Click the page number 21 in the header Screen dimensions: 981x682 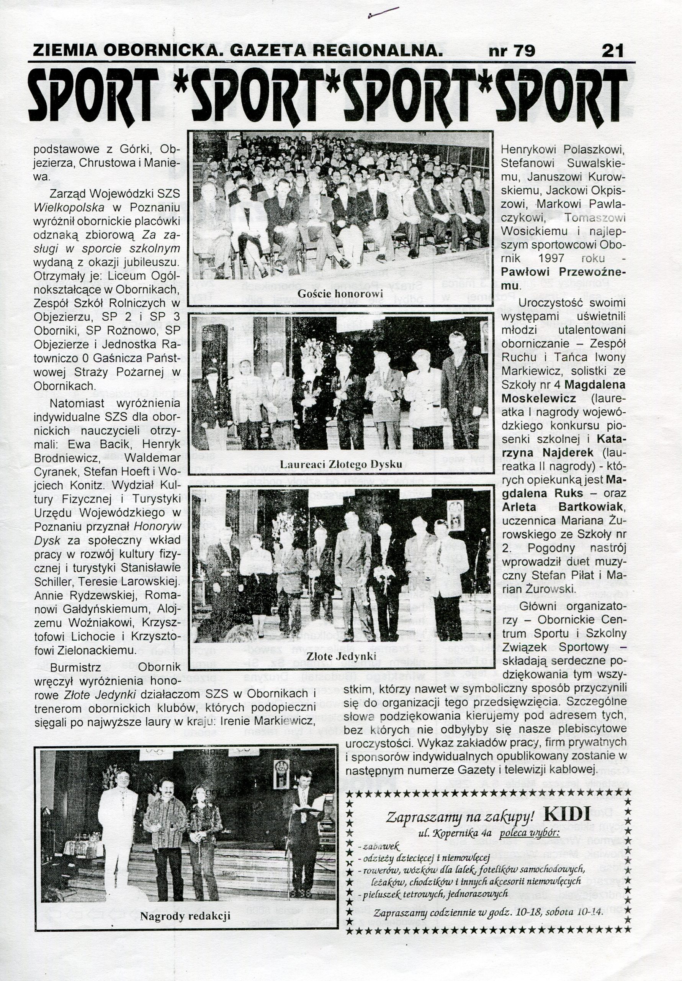(612, 51)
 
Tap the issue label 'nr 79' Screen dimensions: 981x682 (512, 51)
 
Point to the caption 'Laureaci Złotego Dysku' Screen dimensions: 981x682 (341, 464)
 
